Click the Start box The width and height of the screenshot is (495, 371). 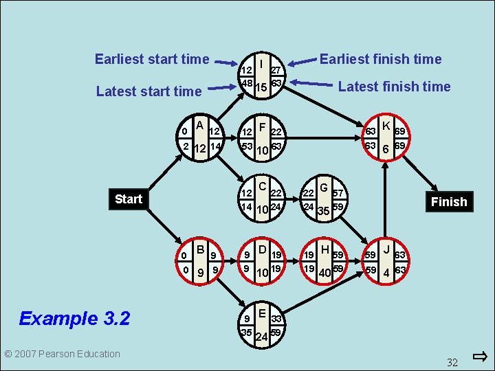(x=129, y=199)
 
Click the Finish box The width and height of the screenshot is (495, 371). (x=449, y=201)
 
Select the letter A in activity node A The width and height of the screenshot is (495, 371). (x=199, y=125)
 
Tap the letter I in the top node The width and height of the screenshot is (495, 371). (x=262, y=63)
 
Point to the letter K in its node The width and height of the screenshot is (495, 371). (x=386, y=126)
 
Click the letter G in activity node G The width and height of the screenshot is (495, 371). (x=323, y=185)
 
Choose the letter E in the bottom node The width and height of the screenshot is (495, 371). (x=263, y=313)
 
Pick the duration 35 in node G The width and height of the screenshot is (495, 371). (x=323, y=211)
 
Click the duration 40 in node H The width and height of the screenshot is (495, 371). (x=323, y=274)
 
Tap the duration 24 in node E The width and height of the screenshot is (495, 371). (x=261, y=337)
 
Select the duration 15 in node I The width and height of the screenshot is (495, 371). (x=261, y=88)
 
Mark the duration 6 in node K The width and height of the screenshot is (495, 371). (x=386, y=150)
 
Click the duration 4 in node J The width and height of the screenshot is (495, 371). (x=386, y=273)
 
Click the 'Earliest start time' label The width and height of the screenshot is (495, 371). (x=152, y=59)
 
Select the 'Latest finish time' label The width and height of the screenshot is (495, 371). (x=394, y=87)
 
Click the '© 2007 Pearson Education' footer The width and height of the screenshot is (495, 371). (x=62, y=354)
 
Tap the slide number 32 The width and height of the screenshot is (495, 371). (x=452, y=362)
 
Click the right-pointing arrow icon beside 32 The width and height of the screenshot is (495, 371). (x=480, y=356)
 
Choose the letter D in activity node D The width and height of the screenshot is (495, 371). (x=262, y=249)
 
